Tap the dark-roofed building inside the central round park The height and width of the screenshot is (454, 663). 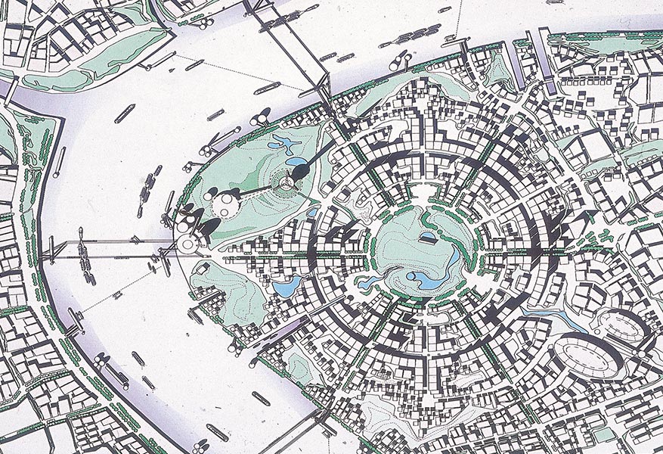(x=427, y=239)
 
